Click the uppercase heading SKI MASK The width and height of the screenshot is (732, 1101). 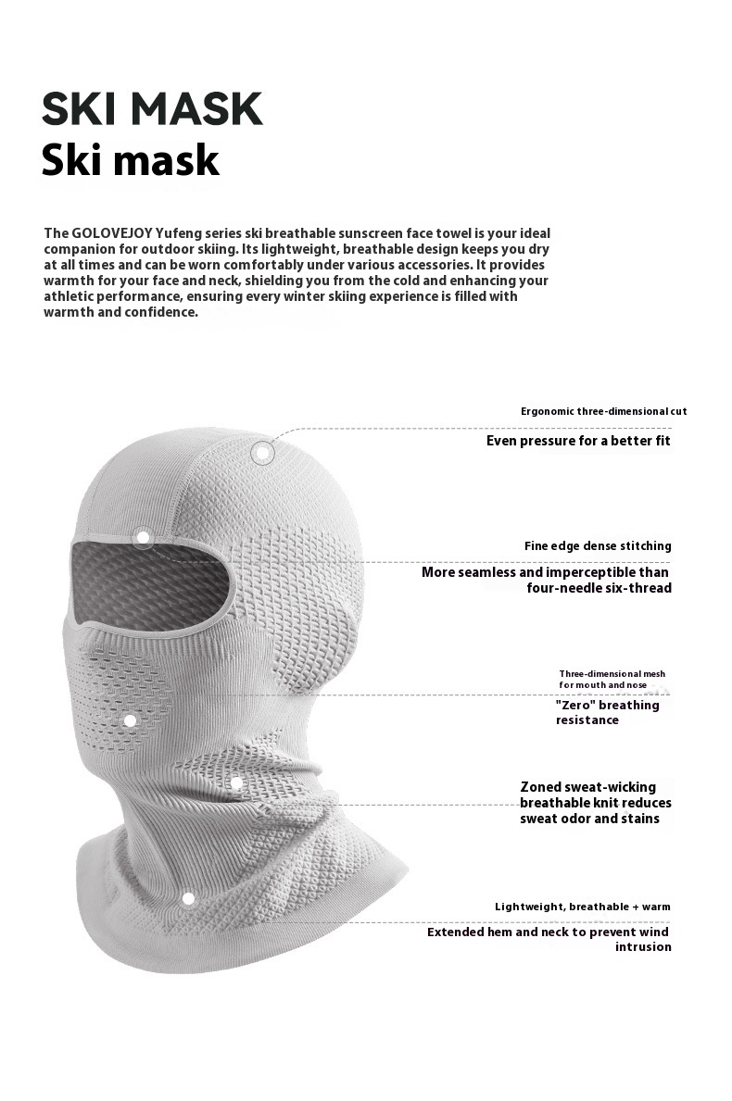152,109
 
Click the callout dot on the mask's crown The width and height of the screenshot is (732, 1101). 263,453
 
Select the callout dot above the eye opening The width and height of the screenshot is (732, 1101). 143,536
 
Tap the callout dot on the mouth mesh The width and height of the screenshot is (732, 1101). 130,720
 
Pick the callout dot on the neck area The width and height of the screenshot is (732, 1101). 236,783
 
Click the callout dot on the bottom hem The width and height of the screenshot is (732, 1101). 188,897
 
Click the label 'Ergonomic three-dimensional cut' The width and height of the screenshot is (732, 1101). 603,411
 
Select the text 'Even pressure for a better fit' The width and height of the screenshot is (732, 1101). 578,441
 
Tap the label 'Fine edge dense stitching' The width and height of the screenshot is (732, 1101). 598,546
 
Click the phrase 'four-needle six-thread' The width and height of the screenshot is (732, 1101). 599,588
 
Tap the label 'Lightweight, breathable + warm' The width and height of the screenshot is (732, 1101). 582,907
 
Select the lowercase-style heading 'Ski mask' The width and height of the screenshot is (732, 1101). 130,160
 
